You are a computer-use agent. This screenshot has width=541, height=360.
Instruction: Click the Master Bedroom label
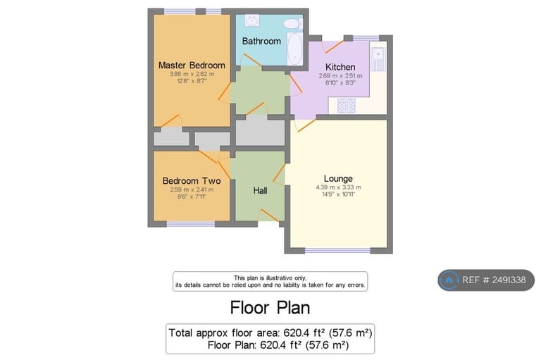pyautogui.click(x=192, y=66)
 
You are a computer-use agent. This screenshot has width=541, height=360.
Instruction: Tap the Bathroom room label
pyautogui.click(x=261, y=41)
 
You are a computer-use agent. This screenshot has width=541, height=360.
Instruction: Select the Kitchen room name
pyautogui.click(x=340, y=67)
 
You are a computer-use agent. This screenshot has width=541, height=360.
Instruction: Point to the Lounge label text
pyautogui.click(x=338, y=178)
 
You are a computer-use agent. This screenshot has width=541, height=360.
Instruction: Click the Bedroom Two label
pyautogui.click(x=191, y=181)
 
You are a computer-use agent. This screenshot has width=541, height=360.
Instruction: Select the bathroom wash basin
pyautogui.click(x=249, y=20)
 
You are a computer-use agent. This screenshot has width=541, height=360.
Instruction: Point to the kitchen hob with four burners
pyautogui.click(x=347, y=105)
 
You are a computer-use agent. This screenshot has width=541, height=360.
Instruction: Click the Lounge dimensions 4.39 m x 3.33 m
pyautogui.click(x=338, y=187)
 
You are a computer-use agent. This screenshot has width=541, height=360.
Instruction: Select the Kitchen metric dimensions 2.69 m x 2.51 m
pyautogui.click(x=340, y=76)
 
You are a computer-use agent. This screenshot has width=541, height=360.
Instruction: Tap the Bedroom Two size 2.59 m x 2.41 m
pyautogui.click(x=191, y=190)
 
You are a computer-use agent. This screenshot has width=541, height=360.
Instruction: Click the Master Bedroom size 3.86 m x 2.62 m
pyautogui.click(x=192, y=74)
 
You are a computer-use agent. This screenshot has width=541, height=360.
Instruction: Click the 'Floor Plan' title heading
pyautogui.click(x=270, y=308)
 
